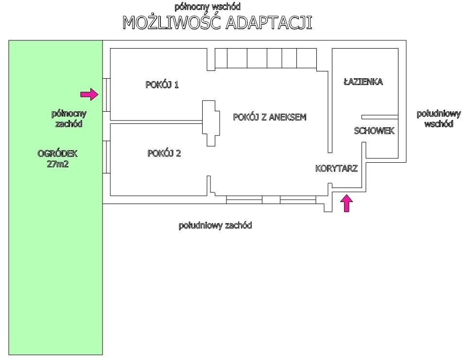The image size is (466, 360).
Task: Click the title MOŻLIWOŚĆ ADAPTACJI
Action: (x=217, y=23)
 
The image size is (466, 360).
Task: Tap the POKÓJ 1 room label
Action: (x=162, y=85)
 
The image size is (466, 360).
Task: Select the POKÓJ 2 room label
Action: (x=164, y=154)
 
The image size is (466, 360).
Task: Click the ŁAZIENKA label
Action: (x=363, y=82)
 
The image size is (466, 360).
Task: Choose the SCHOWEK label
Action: (x=374, y=131)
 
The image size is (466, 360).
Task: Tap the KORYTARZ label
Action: (x=336, y=169)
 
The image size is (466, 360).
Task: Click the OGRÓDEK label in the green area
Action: (x=57, y=154)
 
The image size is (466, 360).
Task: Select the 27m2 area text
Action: (x=57, y=164)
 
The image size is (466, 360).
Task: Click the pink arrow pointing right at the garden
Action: (x=89, y=94)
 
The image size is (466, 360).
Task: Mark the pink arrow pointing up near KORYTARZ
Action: (x=346, y=203)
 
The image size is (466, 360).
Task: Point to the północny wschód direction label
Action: (x=207, y=7)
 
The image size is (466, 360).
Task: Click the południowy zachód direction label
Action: (x=215, y=225)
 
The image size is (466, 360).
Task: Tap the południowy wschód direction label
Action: (x=438, y=119)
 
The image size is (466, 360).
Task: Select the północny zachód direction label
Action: (x=69, y=119)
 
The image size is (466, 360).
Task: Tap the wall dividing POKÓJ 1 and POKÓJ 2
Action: (x=155, y=120)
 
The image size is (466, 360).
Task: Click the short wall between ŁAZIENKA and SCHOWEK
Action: (x=380, y=117)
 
